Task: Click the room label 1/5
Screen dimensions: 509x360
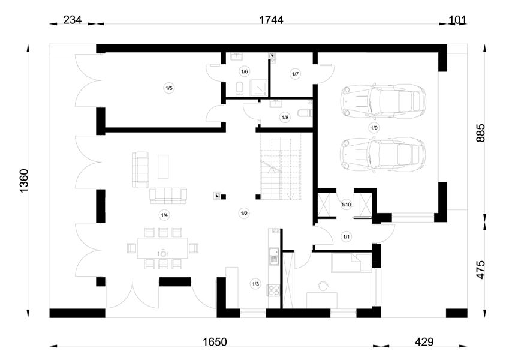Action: [169, 88]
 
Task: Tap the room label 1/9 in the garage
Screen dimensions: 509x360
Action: [374, 128]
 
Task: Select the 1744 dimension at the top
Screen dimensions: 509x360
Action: [271, 20]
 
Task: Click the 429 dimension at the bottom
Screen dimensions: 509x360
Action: [424, 342]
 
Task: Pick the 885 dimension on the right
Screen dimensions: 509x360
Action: [480, 133]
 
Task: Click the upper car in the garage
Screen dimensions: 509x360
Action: [382, 101]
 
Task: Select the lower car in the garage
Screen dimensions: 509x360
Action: [382, 154]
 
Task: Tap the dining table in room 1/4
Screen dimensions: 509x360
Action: [162, 248]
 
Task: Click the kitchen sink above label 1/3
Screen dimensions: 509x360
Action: [274, 256]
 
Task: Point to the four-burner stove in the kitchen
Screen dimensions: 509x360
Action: [273, 290]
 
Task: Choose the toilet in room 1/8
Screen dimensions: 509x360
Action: [306, 113]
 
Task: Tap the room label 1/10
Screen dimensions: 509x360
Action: [346, 205]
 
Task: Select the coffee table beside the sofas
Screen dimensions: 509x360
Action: [163, 167]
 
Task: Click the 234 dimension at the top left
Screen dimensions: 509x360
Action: [72, 20]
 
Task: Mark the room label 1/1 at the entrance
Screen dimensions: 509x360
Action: [347, 237]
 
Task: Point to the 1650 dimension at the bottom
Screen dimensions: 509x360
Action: [215, 342]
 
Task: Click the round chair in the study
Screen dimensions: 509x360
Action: [323, 286]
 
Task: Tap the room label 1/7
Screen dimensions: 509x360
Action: [295, 74]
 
